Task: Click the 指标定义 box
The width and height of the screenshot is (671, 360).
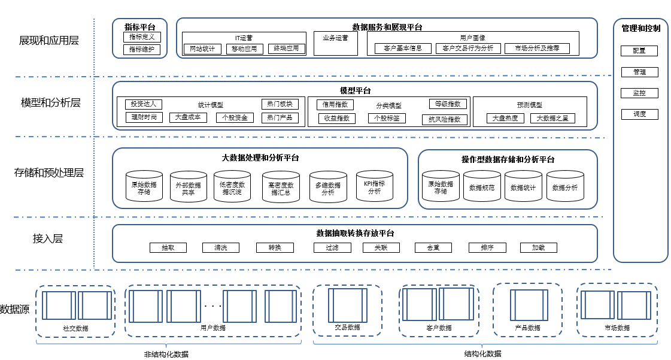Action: [x=142, y=37]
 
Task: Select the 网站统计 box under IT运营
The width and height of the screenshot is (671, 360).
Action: [x=202, y=49]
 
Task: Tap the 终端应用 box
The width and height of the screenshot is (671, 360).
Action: [x=286, y=49]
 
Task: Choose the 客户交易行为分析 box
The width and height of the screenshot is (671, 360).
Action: [x=464, y=49]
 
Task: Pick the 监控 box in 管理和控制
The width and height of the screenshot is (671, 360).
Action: [x=639, y=93]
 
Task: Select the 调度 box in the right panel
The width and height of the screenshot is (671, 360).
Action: [x=639, y=114]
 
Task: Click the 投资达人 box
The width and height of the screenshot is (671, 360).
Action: [x=144, y=104]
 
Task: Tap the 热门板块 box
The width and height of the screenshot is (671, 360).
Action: [x=280, y=104]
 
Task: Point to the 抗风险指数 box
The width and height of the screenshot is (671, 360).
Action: [x=445, y=119]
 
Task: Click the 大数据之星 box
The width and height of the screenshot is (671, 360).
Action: [x=552, y=119]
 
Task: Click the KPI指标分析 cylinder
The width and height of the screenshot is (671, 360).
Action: [x=374, y=187]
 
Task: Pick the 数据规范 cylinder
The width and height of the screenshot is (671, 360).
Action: [x=481, y=188]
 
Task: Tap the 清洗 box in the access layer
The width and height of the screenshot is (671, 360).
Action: [x=220, y=247]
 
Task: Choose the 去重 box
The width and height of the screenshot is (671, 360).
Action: [x=433, y=247]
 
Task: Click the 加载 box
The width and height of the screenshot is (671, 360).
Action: [x=539, y=247]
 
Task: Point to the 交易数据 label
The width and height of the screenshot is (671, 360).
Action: [x=347, y=328]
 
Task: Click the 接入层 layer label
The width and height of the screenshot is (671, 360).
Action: [x=48, y=239]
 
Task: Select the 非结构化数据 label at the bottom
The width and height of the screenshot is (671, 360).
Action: [x=166, y=354]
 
